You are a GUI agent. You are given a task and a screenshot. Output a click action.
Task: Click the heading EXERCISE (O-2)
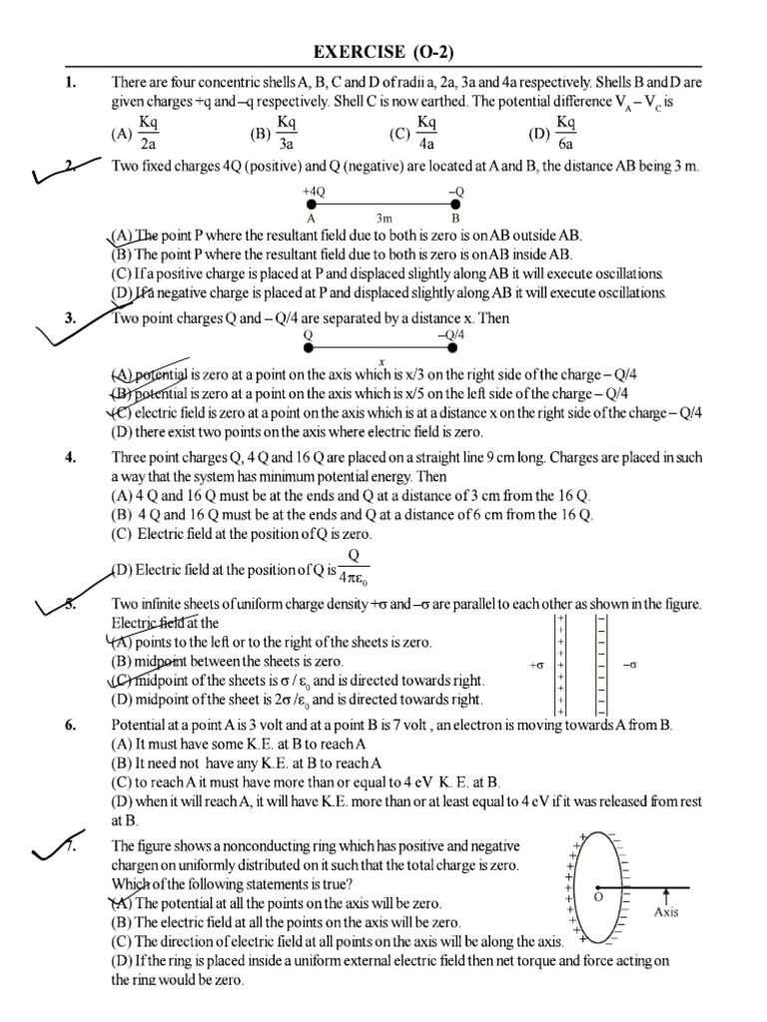(x=383, y=51)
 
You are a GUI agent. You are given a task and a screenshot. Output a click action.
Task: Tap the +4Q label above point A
(x=314, y=189)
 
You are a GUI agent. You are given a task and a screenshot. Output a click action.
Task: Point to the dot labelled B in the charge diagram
(x=455, y=203)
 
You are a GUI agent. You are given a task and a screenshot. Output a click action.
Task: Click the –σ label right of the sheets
(x=629, y=664)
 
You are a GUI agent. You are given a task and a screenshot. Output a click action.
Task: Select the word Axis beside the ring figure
(x=666, y=911)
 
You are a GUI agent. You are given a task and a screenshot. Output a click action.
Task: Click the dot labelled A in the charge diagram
(x=313, y=203)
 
